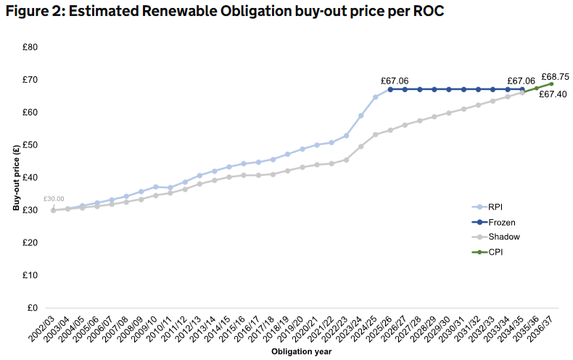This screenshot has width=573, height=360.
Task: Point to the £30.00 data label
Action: (54, 198)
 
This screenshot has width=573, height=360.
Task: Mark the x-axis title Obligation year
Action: (302, 352)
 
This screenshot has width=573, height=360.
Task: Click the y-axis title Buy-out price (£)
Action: (15, 177)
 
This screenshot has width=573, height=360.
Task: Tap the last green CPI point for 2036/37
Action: (551, 84)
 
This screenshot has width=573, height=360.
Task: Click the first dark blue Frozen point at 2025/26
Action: (390, 89)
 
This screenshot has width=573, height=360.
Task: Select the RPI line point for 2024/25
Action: (376, 97)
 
